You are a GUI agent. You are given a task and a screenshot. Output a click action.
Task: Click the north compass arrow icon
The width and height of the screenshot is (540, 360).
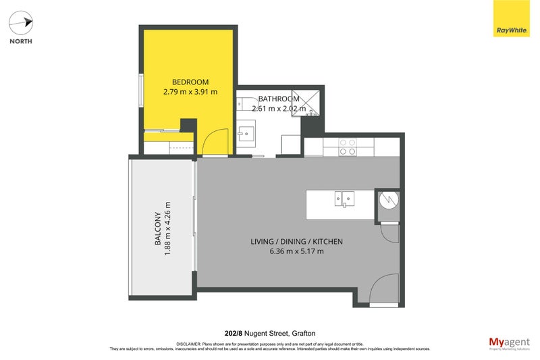click(x=20, y=23)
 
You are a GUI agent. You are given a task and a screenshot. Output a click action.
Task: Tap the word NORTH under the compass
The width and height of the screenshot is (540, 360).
click(x=20, y=41)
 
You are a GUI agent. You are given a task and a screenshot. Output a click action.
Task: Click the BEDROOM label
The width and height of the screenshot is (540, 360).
click(x=190, y=82)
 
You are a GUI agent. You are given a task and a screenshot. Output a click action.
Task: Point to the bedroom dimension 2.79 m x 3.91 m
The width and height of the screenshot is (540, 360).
click(x=190, y=91)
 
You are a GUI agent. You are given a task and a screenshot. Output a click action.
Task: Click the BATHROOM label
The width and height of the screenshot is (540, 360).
click(x=278, y=99)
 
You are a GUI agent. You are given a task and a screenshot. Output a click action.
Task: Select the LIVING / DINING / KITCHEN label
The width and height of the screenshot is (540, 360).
click(x=297, y=242)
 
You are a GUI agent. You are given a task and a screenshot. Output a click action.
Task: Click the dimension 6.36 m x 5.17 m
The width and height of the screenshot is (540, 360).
click(x=297, y=251)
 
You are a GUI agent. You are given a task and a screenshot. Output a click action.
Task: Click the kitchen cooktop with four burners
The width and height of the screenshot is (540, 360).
click(x=347, y=147)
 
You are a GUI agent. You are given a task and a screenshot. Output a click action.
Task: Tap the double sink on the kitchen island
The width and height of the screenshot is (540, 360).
click(x=344, y=198)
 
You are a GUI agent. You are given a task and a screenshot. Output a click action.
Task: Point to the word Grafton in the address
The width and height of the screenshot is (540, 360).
click(x=305, y=333)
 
